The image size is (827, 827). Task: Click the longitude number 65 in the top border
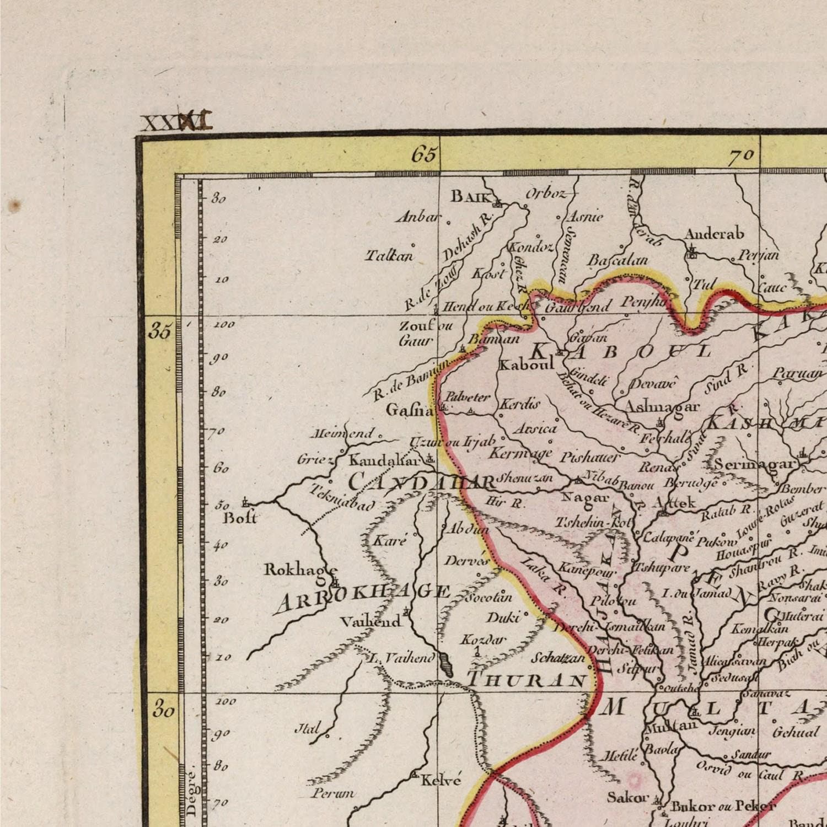tap(425, 155)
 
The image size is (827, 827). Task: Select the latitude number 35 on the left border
tap(160, 332)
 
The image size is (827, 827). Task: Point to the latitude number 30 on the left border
tap(163, 710)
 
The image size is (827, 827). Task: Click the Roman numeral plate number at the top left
tap(176, 122)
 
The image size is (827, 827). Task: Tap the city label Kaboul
tap(526, 364)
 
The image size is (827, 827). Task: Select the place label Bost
tap(240, 517)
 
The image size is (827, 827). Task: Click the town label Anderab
tap(714, 234)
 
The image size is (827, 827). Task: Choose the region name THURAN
tap(526, 679)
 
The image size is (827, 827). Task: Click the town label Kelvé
tap(441, 780)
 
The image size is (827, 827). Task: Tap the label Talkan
tap(389, 256)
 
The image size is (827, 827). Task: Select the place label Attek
tap(674, 502)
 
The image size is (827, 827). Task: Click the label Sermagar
tap(755, 464)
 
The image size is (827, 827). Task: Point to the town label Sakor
tap(627, 797)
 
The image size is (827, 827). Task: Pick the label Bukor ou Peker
tap(723, 806)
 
